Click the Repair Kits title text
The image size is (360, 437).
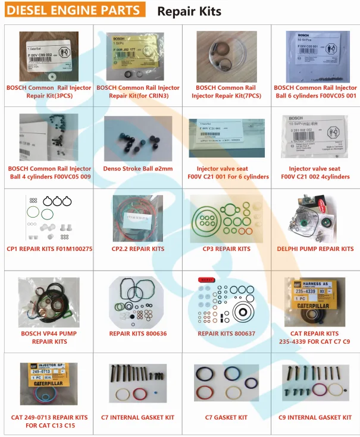click(x=189, y=11)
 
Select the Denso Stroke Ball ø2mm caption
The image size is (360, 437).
click(x=138, y=169)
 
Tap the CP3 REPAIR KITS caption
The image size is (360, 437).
click(x=226, y=249)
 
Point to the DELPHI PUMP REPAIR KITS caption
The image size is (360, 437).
click(x=315, y=249)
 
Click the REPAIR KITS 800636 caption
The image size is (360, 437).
click(x=138, y=334)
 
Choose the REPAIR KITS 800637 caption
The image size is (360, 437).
click(x=226, y=334)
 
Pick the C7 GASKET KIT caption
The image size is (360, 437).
click(x=226, y=417)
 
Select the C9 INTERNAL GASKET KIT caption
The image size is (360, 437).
click(x=315, y=417)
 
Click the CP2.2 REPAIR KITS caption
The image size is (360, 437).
click(x=138, y=249)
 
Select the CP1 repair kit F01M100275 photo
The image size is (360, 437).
click(x=49, y=217)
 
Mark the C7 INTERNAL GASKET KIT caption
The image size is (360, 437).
click(x=138, y=417)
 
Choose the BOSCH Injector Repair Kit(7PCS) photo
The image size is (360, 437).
click(x=226, y=54)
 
